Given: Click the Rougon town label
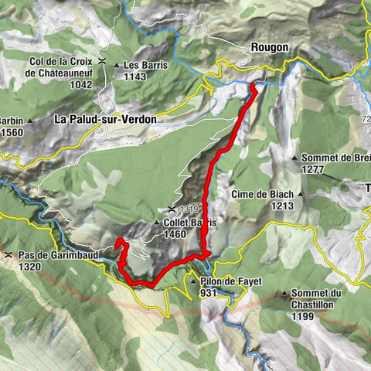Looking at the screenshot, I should (x=270, y=47).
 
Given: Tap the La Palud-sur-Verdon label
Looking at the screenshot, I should (x=105, y=120).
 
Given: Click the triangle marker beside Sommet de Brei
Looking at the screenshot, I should (x=294, y=158).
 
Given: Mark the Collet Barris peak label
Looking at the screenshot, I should (x=190, y=222).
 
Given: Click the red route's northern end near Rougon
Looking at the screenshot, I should (x=254, y=89).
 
